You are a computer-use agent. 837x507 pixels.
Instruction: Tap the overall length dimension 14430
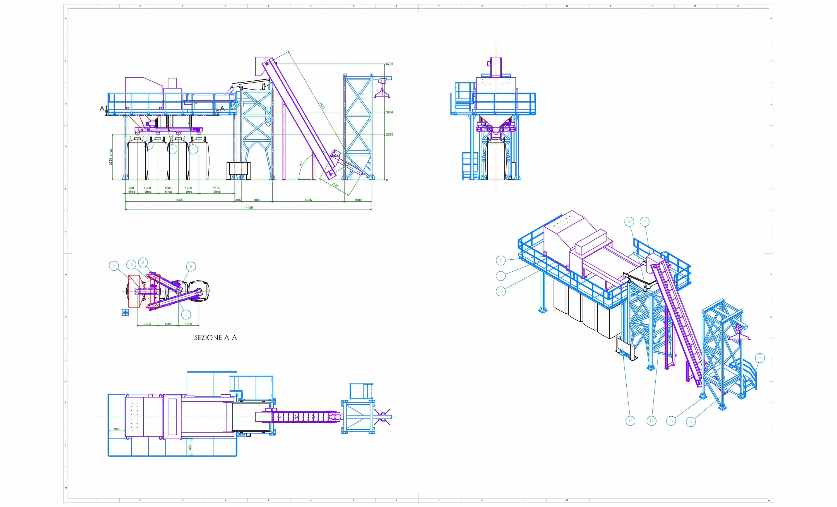[248, 207]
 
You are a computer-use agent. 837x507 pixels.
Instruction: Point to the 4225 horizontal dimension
[308, 200]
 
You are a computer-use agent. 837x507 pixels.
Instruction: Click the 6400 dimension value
[180, 200]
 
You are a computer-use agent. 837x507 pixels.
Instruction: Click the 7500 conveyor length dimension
[322, 106]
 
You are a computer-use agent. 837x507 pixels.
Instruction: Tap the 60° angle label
[301, 164]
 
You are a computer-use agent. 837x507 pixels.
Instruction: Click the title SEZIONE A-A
[215, 337]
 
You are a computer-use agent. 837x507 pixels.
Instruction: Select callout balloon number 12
[629, 222]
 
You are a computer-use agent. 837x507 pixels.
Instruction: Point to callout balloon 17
[630, 421]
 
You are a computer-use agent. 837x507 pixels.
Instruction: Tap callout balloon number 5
[191, 267]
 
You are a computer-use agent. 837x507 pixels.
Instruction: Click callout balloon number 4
[186, 315]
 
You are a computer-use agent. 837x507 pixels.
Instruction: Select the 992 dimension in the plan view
[117, 429]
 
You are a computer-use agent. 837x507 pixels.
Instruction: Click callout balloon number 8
[691, 422]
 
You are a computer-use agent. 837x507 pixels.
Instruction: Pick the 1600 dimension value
[358, 200]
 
